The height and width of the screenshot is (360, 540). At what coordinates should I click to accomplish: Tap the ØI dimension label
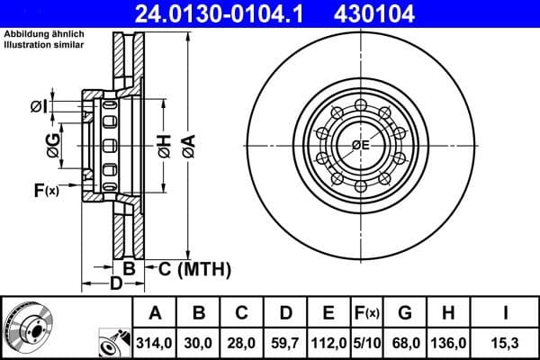[x=37, y=107]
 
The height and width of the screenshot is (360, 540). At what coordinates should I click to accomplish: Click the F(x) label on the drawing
[x=46, y=190]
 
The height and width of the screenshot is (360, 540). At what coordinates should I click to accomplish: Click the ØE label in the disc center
[x=360, y=145]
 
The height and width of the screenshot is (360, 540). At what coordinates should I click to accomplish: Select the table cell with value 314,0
[x=156, y=343]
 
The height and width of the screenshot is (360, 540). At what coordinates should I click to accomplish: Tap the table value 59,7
[x=286, y=343]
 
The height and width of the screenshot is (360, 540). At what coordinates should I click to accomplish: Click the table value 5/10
[x=368, y=343]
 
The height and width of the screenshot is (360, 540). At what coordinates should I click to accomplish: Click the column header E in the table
[x=329, y=314]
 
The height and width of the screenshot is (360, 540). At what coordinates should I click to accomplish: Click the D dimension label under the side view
[x=115, y=284]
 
